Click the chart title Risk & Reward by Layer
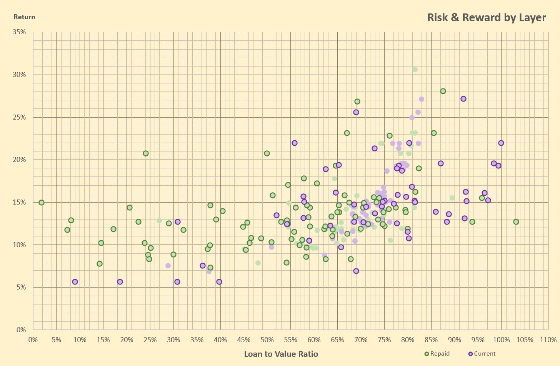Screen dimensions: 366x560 [487, 18]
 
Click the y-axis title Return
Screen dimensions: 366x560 [24, 17]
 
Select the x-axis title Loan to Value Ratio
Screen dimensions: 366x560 [281, 354]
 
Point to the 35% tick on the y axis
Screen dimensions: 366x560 [19, 32]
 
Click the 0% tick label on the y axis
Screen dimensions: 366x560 [21, 330]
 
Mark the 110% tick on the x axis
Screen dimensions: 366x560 [548, 340]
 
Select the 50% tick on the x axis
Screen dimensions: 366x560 [267, 340]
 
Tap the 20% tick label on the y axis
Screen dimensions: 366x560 [19, 160]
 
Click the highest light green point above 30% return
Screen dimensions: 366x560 [415, 70]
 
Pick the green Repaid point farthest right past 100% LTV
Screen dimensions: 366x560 [516, 222]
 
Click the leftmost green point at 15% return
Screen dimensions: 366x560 [42, 203]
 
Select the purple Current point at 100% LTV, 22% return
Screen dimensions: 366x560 [501, 143]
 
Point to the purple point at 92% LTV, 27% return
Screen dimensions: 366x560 [463, 99]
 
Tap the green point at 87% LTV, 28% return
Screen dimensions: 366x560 [443, 91]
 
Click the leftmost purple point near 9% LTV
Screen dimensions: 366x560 [75, 282]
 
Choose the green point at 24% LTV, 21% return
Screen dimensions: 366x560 [146, 153]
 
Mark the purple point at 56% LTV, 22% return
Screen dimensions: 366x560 [295, 143]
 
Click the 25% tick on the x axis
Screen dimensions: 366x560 [150, 340]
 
